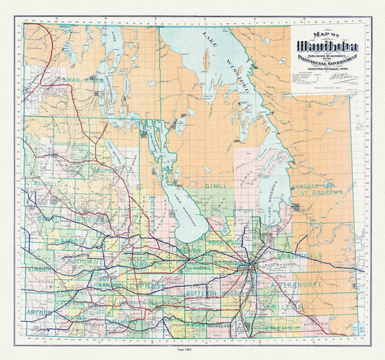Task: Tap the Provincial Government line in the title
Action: click(319, 61)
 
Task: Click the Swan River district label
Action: click(84, 80)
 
